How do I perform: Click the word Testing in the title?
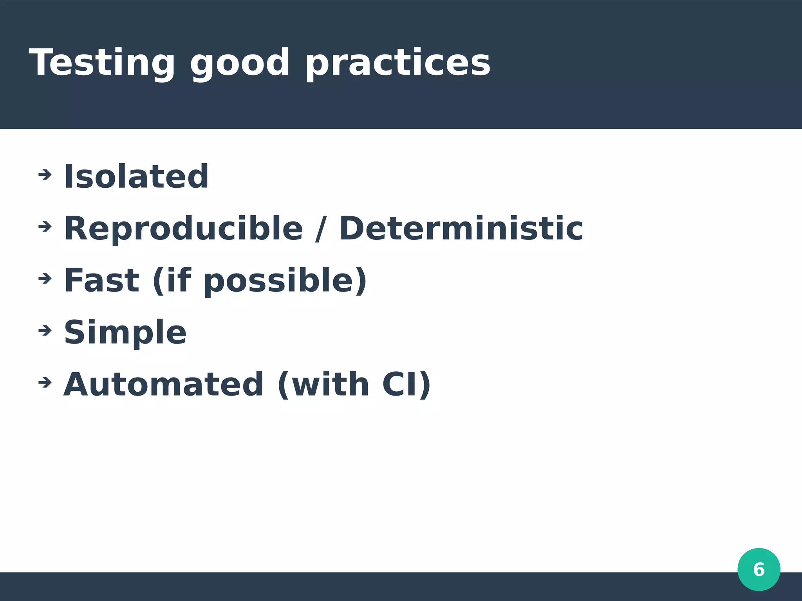(102, 63)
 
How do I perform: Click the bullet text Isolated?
(136, 176)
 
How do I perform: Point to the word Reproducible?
(183, 229)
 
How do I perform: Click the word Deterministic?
(461, 229)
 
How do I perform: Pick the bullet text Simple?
(125, 333)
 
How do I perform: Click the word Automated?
(163, 384)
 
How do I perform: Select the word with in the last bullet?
(330, 384)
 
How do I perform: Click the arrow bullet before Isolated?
(45, 175)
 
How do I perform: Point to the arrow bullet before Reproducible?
(45, 226)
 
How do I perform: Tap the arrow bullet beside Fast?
(45, 278)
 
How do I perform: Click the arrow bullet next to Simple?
(45, 331)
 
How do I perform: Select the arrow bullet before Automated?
(45, 382)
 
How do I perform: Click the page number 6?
(759, 569)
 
